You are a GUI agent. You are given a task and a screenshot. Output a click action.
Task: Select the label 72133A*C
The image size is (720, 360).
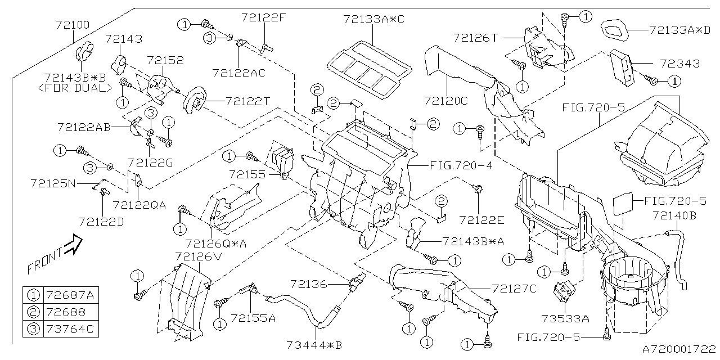point(373,19)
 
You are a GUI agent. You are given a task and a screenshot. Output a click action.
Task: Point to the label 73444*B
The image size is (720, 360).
point(313,345)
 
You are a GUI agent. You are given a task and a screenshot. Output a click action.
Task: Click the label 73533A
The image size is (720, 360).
point(569,318)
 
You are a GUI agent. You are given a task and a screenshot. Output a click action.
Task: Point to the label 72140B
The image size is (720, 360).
point(674,215)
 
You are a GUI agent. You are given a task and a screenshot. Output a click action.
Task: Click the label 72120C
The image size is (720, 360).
point(446,101)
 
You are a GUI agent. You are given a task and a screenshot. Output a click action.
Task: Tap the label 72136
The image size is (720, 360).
point(309,284)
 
